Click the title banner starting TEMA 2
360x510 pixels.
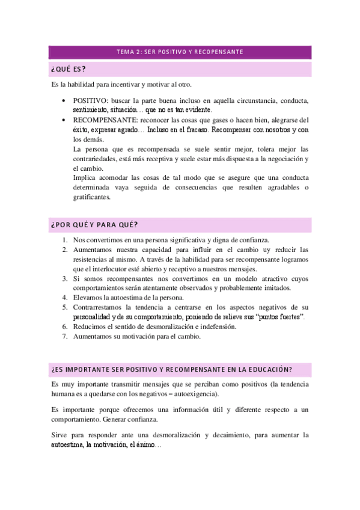180,52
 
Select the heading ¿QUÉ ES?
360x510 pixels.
68,69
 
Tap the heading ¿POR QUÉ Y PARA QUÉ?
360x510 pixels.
95,225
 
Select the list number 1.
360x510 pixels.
64,239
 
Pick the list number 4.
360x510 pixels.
64,298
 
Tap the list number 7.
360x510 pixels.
64,336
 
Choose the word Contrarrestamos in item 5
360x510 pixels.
99,307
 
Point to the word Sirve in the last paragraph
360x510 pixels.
59,434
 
